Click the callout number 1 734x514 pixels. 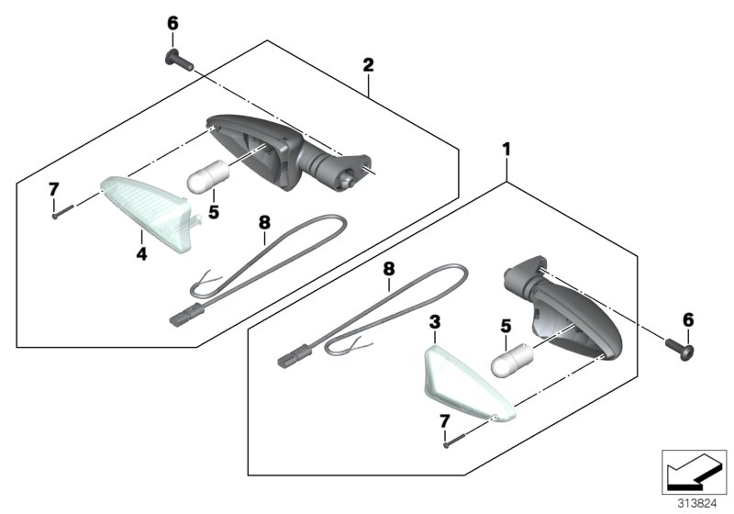[506, 150]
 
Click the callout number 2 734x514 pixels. [369, 65]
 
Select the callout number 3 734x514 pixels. [435, 322]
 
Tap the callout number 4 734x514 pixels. [141, 253]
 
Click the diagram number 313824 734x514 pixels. [697, 504]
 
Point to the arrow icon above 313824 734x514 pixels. [694, 472]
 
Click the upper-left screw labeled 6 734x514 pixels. [179, 60]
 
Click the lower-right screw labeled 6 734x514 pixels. [680, 348]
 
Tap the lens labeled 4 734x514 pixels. [149, 213]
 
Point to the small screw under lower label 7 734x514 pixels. [454, 441]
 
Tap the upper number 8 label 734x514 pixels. [264, 223]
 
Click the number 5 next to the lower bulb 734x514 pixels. [506, 327]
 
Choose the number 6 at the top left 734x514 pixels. [172, 24]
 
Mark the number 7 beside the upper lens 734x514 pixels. [54, 190]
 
